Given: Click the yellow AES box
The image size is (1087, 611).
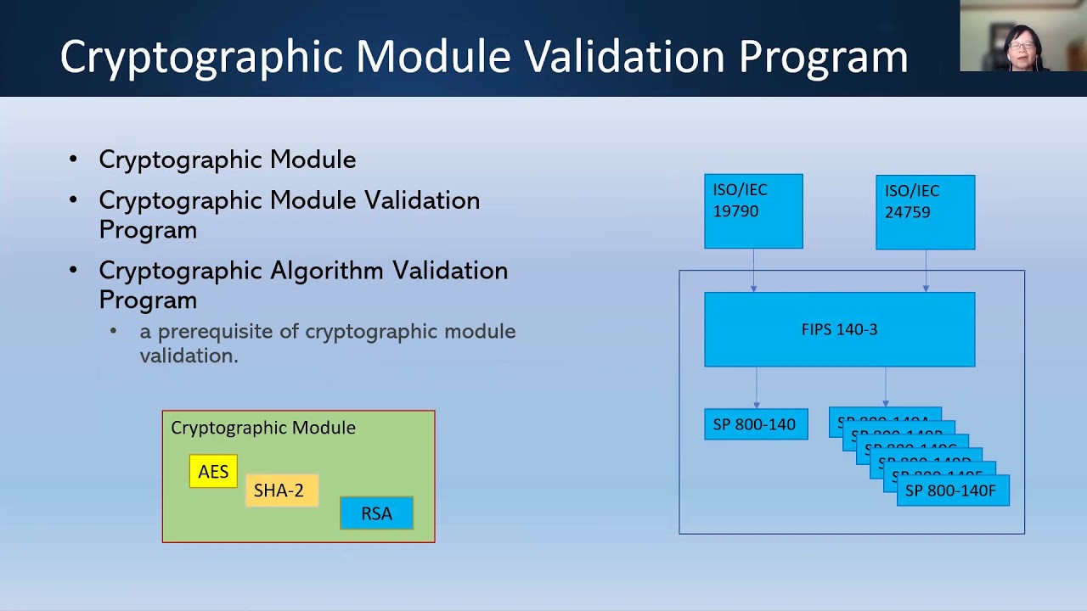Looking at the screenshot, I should pyautogui.click(x=213, y=472).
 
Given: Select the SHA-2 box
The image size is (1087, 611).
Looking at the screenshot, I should pyautogui.click(x=281, y=490).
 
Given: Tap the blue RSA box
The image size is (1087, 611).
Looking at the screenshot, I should pyautogui.click(x=376, y=513).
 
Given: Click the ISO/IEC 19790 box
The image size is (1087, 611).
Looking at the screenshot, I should pyautogui.click(x=753, y=211).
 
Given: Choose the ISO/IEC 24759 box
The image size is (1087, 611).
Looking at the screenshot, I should pyautogui.click(x=925, y=212).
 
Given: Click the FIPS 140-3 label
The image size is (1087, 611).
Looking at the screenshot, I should pyautogui.click(x=839, y=329).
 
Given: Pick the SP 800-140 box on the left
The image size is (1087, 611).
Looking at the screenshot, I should pyautogui.click(x=755, y=424).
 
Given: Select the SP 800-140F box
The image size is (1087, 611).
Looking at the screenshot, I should pyautogui.click(x=952, y=490).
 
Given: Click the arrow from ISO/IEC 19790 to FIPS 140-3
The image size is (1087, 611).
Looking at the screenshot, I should pyautogui.click(x=753, y=271).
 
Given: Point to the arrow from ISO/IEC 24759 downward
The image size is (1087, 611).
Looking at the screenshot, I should pyautogui.click(x=926, y=271).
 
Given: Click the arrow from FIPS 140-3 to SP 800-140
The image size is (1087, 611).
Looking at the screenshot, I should pyautogui.click(x=757, y=388).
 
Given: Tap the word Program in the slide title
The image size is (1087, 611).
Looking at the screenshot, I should pyautogui.click(x=823, y=57).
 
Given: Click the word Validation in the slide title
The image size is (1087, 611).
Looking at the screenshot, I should pyautogui.click(x=624, y=57).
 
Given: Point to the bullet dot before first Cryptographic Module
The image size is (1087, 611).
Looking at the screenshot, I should pyautogui.click(x=74, y=159).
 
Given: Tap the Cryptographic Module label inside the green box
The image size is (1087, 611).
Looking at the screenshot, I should pyautogui.click(x=263, y=428).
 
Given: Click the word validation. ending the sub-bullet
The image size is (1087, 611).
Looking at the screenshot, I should pyautogui.click(x=189, y=356).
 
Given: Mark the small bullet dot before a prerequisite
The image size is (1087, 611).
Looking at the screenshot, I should pyautogui.click(x=114, y=331).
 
